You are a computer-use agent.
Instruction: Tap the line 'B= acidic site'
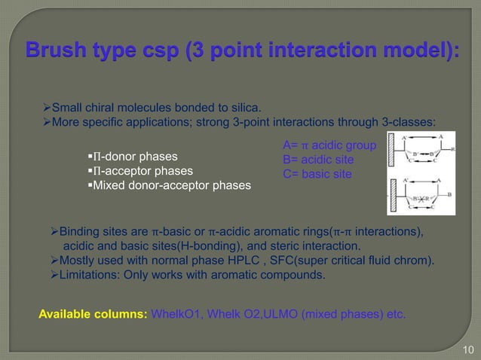tap(317, 160)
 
